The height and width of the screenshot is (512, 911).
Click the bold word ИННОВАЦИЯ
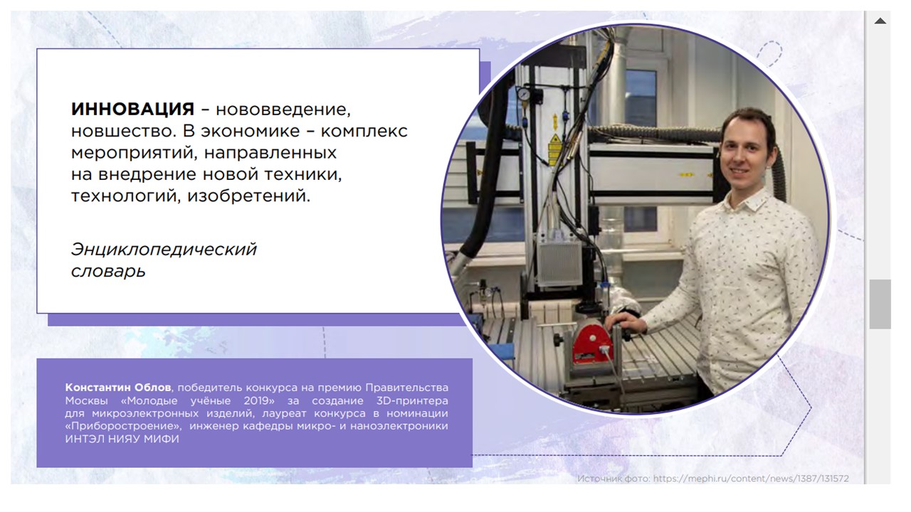(132, 109)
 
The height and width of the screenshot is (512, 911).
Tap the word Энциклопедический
(164, 250)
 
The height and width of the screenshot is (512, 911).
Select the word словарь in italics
(108, 271)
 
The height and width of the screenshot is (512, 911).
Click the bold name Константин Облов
(118, 388)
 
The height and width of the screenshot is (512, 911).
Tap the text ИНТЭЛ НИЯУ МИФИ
(122, 439)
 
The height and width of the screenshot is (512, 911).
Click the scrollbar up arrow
(880, 21)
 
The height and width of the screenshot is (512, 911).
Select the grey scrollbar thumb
(880, 304)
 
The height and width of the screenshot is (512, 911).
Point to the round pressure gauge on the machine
(524, 95)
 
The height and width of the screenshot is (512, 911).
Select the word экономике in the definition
(250, 131)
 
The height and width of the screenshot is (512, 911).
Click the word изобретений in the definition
(248, 196)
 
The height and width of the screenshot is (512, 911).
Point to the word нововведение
(283, 110)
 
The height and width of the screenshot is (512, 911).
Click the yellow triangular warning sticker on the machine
(554, 139)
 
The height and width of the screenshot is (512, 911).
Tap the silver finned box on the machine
(559, 263)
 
